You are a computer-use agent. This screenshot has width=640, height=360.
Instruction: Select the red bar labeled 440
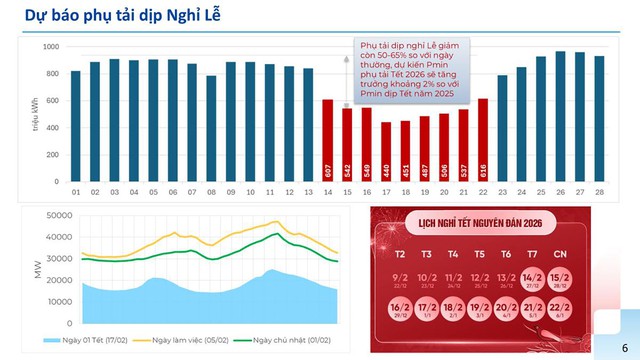click(x=386, y=151)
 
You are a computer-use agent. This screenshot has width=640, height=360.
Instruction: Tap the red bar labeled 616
click(x=483, y=139)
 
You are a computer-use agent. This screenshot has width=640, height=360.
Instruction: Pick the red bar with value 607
click(x=329, y=139)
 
